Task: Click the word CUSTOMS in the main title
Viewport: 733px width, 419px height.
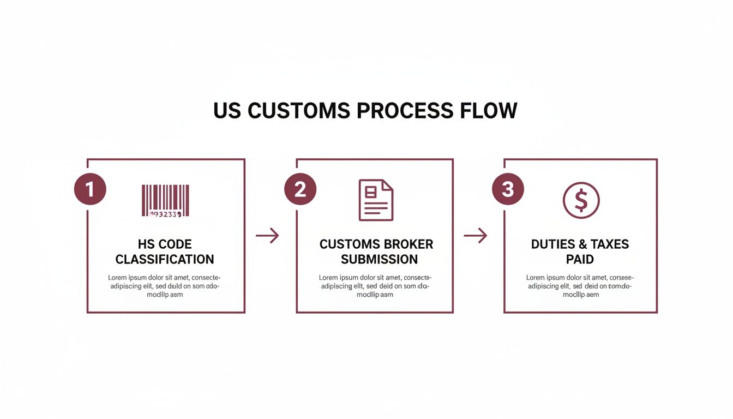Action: click(298, 111)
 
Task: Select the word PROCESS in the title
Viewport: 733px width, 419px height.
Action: click(405, 111)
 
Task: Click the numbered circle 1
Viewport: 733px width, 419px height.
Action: click(90, 189)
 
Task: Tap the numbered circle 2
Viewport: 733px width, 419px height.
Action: click(300, 189)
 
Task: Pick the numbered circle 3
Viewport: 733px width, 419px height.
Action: click(508, 189)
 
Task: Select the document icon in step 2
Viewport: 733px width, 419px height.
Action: click(376, 200)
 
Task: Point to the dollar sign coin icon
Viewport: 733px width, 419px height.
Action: click(581, 200)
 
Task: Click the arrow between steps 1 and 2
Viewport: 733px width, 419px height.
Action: click(267, 236)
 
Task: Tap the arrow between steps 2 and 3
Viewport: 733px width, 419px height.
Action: click(475, 236)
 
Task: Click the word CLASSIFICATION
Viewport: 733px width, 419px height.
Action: click(165, 259)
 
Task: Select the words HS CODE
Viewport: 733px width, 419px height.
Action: click(165, 244)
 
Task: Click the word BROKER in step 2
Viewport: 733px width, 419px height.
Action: click(408, 244)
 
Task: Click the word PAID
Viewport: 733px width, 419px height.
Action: click(580, 259)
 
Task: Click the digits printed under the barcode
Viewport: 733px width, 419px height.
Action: click(165, 214)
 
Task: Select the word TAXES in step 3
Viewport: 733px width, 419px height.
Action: click(610, 244)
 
